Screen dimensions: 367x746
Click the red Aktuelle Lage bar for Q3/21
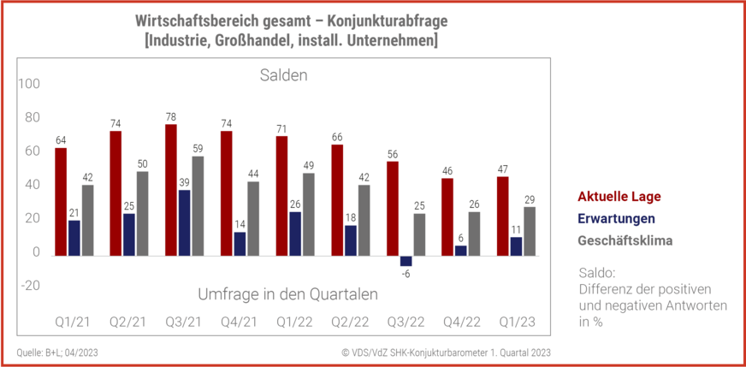[x=170, y=190]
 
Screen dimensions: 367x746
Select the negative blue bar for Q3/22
[x=406, y=261]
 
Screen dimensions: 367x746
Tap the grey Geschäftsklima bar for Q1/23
[x=530, y=231]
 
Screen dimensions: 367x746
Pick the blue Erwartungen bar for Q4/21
[x=240, y=244]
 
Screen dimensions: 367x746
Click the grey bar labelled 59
[x=197, y=205]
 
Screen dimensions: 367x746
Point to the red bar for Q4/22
[x=447, y=217]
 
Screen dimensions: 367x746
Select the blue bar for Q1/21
[x=74, y=238]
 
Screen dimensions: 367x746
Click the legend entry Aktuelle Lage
[x=613, y=196]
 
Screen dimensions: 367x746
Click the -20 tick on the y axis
[x=30, y=286]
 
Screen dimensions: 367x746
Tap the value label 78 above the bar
[x=170, y=117]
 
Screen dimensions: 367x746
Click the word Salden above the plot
[x=283, y=76]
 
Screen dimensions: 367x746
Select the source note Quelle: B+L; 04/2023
[x=56, y=352]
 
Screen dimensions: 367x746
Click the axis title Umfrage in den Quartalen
[x=287, y=293]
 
